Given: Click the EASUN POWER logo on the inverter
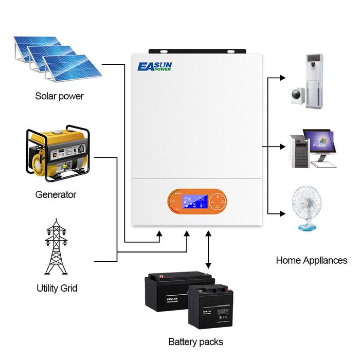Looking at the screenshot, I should (155, 67).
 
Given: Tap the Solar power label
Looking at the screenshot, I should (59, 96).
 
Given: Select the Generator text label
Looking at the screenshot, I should (56, 194).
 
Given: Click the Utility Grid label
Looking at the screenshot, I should (57, 288).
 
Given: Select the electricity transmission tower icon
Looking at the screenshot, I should (57, 247).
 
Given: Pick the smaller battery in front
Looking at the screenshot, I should (210, 306).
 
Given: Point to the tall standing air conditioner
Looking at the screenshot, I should (313, 80).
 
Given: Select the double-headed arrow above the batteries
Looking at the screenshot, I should (208, 250).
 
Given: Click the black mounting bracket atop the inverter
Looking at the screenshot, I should (198, 52).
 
